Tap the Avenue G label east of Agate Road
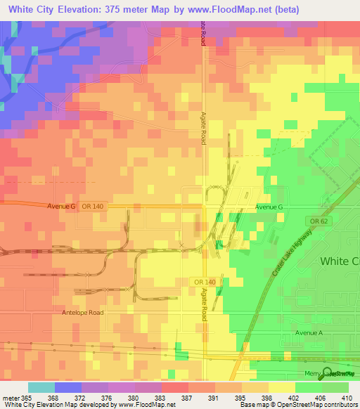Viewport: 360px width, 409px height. (x=269, y=207)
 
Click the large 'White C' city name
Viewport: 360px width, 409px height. (x=339, y=261)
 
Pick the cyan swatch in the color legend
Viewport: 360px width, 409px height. (x=41, y=387)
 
